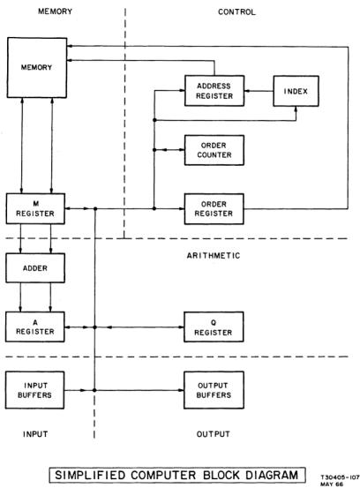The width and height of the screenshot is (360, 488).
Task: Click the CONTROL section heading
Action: pyautogui.click(x=236, y=12)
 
